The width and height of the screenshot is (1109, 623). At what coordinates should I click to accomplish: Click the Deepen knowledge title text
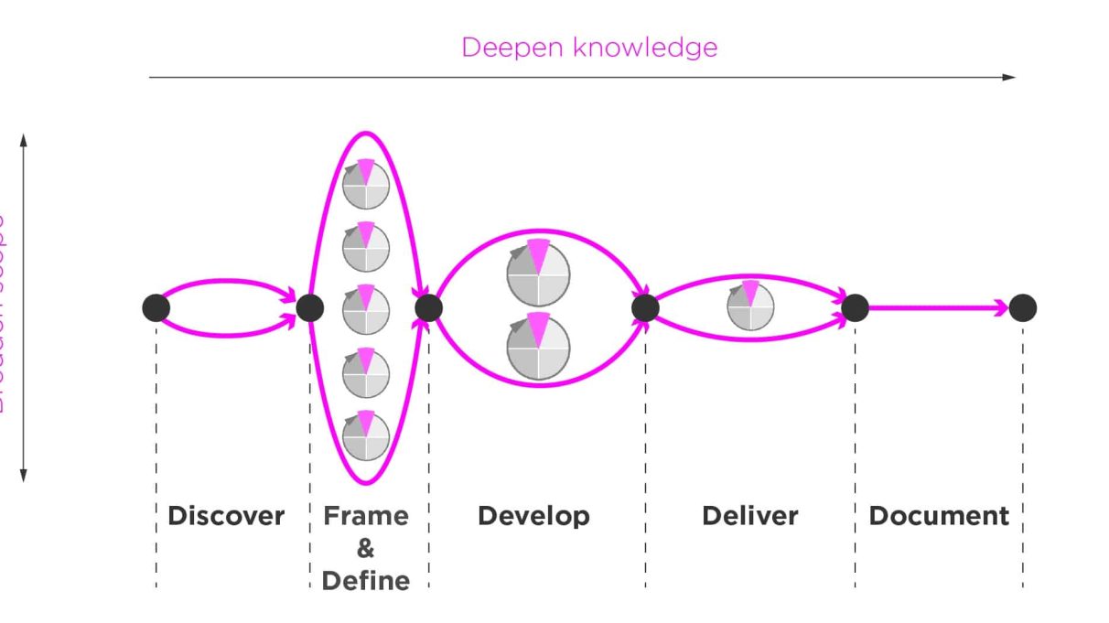pos(588,48)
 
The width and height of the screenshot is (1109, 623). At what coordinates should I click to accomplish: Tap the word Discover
pos(226,516)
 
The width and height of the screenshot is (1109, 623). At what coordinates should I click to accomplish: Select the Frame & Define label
pos(366,548)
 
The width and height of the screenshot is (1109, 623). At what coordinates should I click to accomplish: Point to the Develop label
pos(533,516)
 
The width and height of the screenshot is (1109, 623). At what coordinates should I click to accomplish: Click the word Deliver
pos(749,516)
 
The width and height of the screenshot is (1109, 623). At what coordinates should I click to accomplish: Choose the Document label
pos(939,516)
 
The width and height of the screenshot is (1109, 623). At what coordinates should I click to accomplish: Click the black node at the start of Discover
pos(156,308)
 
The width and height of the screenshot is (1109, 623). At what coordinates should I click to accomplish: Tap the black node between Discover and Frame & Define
pos(310,308)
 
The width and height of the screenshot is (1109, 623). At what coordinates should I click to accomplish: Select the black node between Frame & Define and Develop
pos(428,308)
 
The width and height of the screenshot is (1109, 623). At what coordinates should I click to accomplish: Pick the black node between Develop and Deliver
pos(645,308)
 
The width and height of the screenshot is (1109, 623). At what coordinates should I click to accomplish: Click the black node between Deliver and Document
pos(855,308)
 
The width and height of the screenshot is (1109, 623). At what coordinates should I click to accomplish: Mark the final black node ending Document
pos(1022,308)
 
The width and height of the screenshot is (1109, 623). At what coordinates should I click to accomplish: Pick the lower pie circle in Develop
pos(538,347)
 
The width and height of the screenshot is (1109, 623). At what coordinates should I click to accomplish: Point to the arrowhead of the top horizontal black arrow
pos(1009,77)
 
